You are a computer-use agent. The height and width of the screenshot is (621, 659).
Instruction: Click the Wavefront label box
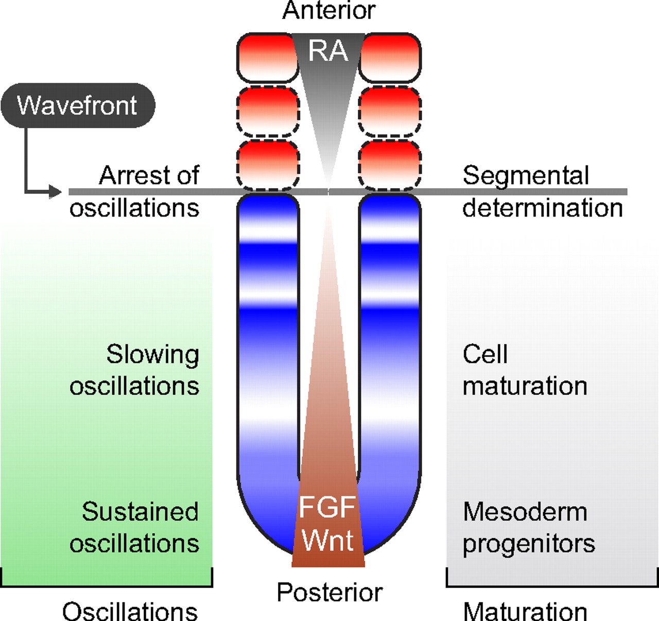click(78, 105)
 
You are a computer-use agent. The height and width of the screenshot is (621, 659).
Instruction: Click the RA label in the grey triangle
click(328, 51)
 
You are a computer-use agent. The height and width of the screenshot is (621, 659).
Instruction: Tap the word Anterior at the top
click(329, 10)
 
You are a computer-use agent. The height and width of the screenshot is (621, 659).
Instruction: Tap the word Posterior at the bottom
click(329, 592)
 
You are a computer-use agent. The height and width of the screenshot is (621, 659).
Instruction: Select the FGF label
click(327, 507)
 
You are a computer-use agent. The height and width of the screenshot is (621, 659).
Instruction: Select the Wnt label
click(328, 540)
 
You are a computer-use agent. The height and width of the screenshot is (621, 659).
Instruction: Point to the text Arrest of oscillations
click(135, 192)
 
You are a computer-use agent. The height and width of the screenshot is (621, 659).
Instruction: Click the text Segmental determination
click(542, 192)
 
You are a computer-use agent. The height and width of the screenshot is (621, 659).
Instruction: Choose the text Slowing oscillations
click(135, 370)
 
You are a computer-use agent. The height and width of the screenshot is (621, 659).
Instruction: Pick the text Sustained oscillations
click(135, 527)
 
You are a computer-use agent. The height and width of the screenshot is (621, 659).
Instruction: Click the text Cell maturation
click(525, 370)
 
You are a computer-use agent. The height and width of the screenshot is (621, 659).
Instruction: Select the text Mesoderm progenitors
click(529, 527)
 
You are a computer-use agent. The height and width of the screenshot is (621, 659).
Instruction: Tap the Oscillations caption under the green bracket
click(130, 611)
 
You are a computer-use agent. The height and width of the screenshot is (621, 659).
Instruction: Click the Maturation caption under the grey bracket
click(525, 611)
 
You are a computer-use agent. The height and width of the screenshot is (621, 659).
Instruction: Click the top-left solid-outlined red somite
click(267, 57)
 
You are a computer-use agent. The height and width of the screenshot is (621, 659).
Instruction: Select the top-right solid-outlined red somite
click(390, 57)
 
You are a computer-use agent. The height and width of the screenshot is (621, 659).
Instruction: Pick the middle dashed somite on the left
click(268, 111)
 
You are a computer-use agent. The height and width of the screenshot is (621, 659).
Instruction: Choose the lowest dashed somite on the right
click(390, 165)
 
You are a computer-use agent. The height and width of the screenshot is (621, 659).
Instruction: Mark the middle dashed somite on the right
click(390, 111)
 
